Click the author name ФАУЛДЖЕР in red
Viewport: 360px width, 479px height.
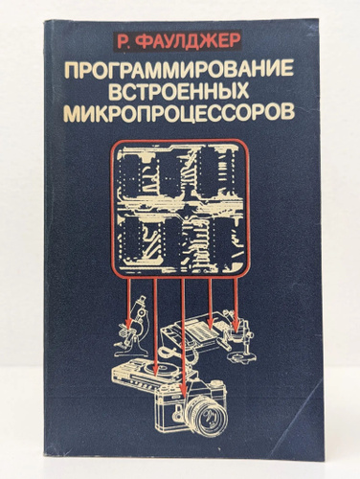click(187, 41)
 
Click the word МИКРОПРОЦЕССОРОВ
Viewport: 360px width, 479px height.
click(179, 112)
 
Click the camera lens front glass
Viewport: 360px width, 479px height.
click(208, 415)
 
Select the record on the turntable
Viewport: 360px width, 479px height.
click(160, 371)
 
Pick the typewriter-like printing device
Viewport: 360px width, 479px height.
click(194, 332)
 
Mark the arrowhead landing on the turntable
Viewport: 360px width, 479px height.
click(155, 371)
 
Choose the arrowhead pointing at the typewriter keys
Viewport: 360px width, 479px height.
click(210, 325)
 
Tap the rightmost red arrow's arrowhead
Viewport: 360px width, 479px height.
click(236, 327)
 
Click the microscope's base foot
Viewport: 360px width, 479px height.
click(131, 353)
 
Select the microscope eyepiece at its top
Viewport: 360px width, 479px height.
click(142, 299)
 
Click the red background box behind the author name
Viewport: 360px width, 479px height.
click(177, 41)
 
